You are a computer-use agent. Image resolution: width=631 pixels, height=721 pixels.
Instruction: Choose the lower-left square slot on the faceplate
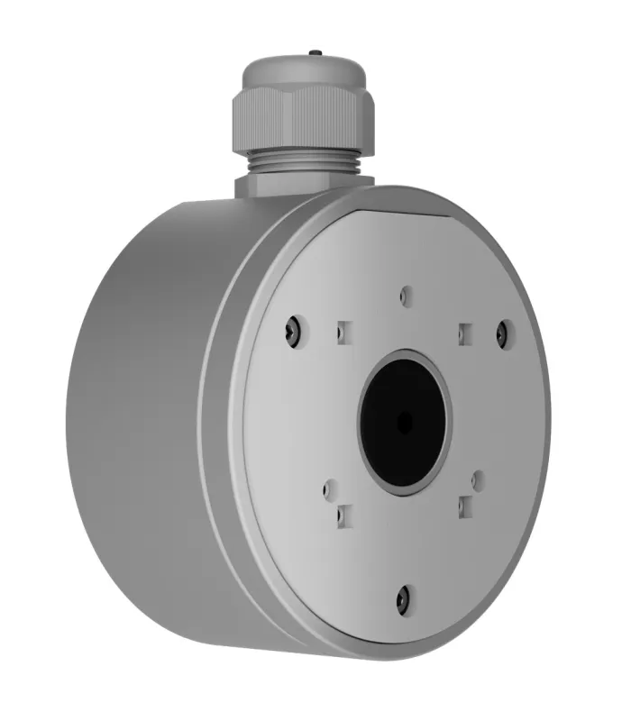click(343, 515)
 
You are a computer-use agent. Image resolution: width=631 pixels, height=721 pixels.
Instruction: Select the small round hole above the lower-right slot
click(479, 479)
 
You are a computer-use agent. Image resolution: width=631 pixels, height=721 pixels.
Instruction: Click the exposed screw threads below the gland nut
click(305, 163)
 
